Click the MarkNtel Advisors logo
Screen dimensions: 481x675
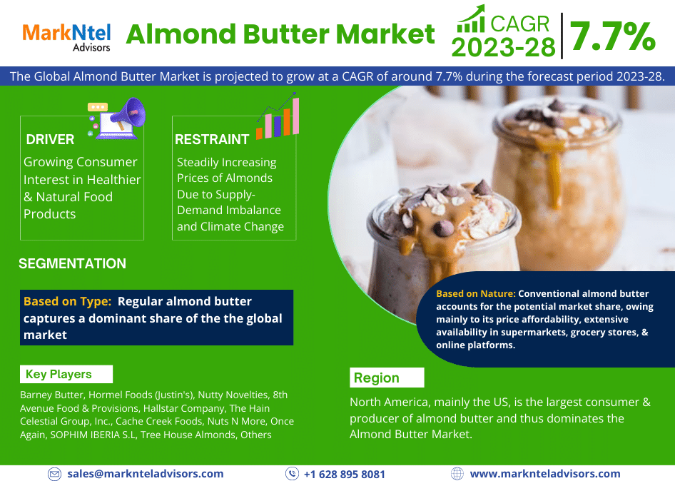pyautogui.click(x=66, y=36)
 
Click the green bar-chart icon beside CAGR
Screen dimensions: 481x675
pyautogui.click(x=470, y=19)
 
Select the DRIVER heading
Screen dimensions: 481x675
pyautogui.click(x=50, y=139)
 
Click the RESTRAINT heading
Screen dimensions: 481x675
pyautogui.click(x=212, y=139)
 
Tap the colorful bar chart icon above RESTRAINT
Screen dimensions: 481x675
pyautogui.click(x=278, y=118)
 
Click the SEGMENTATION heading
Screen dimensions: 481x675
pyautogui.click(x=72, y=263)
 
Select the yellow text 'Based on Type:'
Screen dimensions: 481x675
pyautogui.click(x=67, y=301)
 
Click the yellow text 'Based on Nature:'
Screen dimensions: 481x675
pyautogui.click(x=475, y=293)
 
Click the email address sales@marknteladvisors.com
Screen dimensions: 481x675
pyautogui.click(x=146, y=473)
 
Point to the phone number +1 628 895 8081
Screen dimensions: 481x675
pyautogui.click(x=344, y=474)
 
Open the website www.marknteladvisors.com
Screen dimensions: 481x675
pyautogui.click(x=545, y=473)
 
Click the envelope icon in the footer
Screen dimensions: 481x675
pyautogui.click(x=54, y=474)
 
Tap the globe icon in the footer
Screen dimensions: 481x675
pyautogui.click(x=457, y=473)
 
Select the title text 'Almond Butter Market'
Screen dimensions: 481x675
pyautogui.click(x=280, y=34)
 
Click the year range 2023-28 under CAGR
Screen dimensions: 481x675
pyautogui.click(x=503, y=47)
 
